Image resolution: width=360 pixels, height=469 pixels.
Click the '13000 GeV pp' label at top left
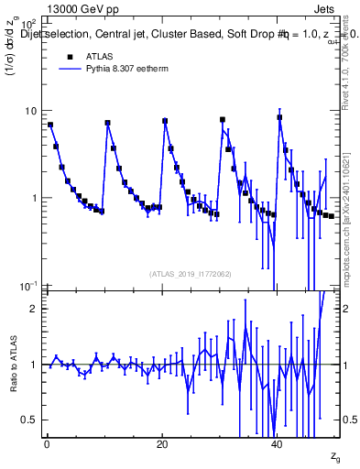coord(82,9)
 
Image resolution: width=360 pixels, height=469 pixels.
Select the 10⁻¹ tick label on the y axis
coord(30,287)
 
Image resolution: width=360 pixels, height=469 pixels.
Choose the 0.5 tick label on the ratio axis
coord(30,420)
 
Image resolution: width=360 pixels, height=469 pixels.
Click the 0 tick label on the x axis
coord(46,443)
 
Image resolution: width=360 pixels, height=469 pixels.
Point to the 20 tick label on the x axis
coord(162,443)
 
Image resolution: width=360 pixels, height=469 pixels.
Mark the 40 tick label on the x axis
coord(278,443)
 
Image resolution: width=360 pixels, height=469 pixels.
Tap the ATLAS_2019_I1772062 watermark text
coord(191,274)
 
